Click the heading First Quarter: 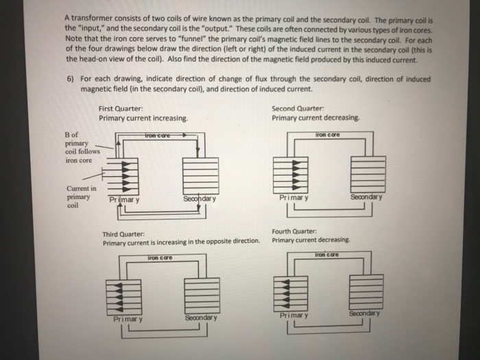[120, 108]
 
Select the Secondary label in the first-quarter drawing [200, 199]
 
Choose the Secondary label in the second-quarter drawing [369, 197]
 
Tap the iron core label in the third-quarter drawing [162, 258]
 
